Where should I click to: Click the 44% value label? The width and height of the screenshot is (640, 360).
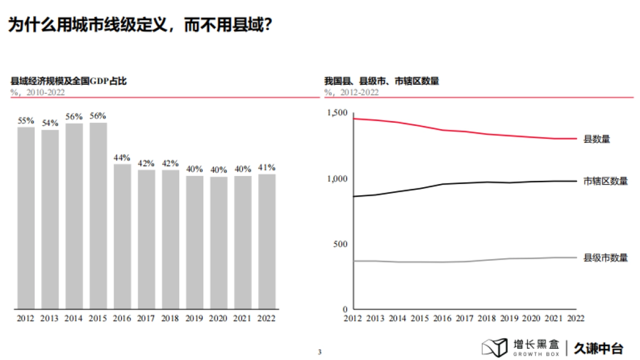coord(122,158)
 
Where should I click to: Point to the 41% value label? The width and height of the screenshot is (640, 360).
coord(267,167)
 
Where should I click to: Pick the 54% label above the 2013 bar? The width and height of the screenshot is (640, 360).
coord(50,123)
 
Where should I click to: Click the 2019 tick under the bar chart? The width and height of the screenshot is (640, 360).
coord(195,318)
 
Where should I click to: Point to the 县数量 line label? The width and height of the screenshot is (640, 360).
coord(596,139)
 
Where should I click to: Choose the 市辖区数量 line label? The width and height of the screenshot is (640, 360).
coord(606,181)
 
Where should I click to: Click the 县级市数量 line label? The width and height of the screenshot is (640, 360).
coord(606,258)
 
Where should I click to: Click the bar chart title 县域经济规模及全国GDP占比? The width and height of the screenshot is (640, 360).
coord(69,81)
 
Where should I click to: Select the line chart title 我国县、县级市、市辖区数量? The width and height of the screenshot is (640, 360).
coord(381,81)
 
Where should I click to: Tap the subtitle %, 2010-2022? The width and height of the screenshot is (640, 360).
coord(37,92)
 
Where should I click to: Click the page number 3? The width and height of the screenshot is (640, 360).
coord(319,352)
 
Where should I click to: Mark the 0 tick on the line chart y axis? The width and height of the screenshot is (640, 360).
coord(345,309)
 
